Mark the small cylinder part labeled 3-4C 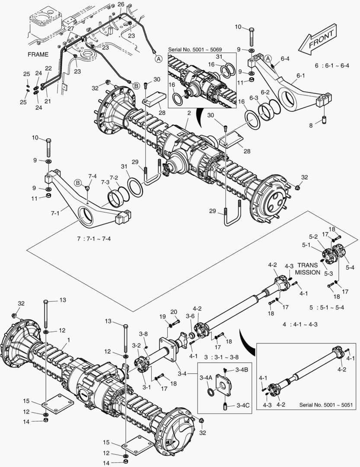click(x=225, y=407)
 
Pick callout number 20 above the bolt click(x=173, y=312)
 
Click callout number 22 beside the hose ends click(x=48, y=68)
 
